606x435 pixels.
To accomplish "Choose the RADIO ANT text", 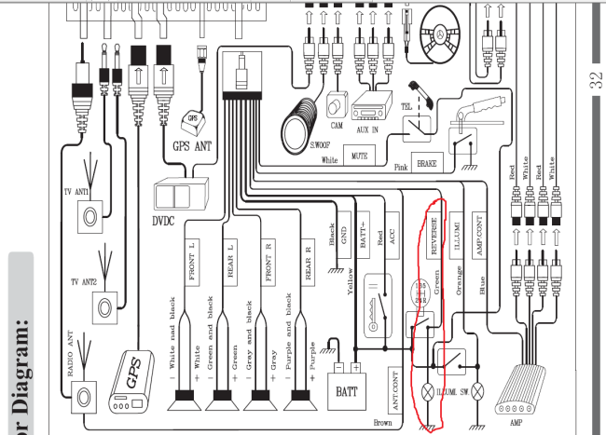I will click(70, 346).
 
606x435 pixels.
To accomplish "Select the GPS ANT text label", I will click(192, 145).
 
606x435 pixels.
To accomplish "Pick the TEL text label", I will click(406, 107).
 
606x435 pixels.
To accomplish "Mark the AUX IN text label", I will click(367, 131).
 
